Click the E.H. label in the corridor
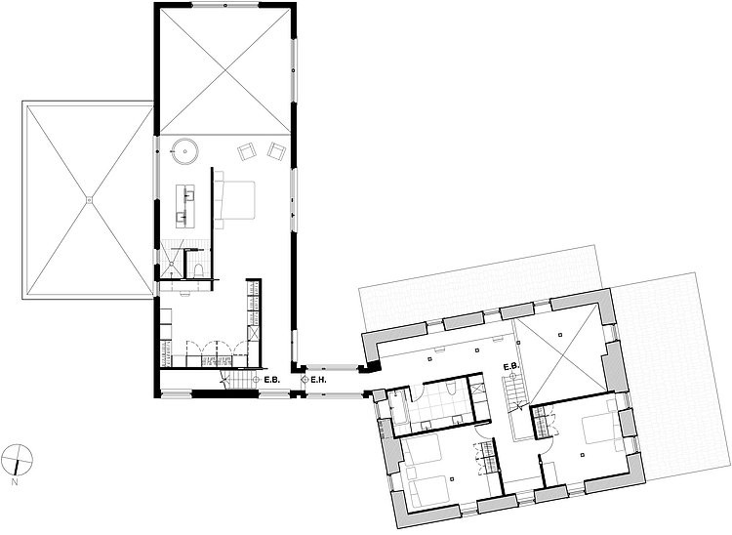pos(318,380)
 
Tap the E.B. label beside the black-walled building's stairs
pos(271,380)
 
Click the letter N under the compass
pos(15,482)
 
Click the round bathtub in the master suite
pos(185,151)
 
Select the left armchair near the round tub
pos(247,151)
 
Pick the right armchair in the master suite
pos(276,150)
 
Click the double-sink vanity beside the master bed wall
pos(185,206)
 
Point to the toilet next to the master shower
pos(198,270)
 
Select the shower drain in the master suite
pos(172,264)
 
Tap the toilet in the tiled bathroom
pos(451,388)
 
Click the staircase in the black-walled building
pos(238,376)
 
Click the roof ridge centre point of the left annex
pos(89,200)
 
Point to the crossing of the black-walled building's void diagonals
pos(225,70)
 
